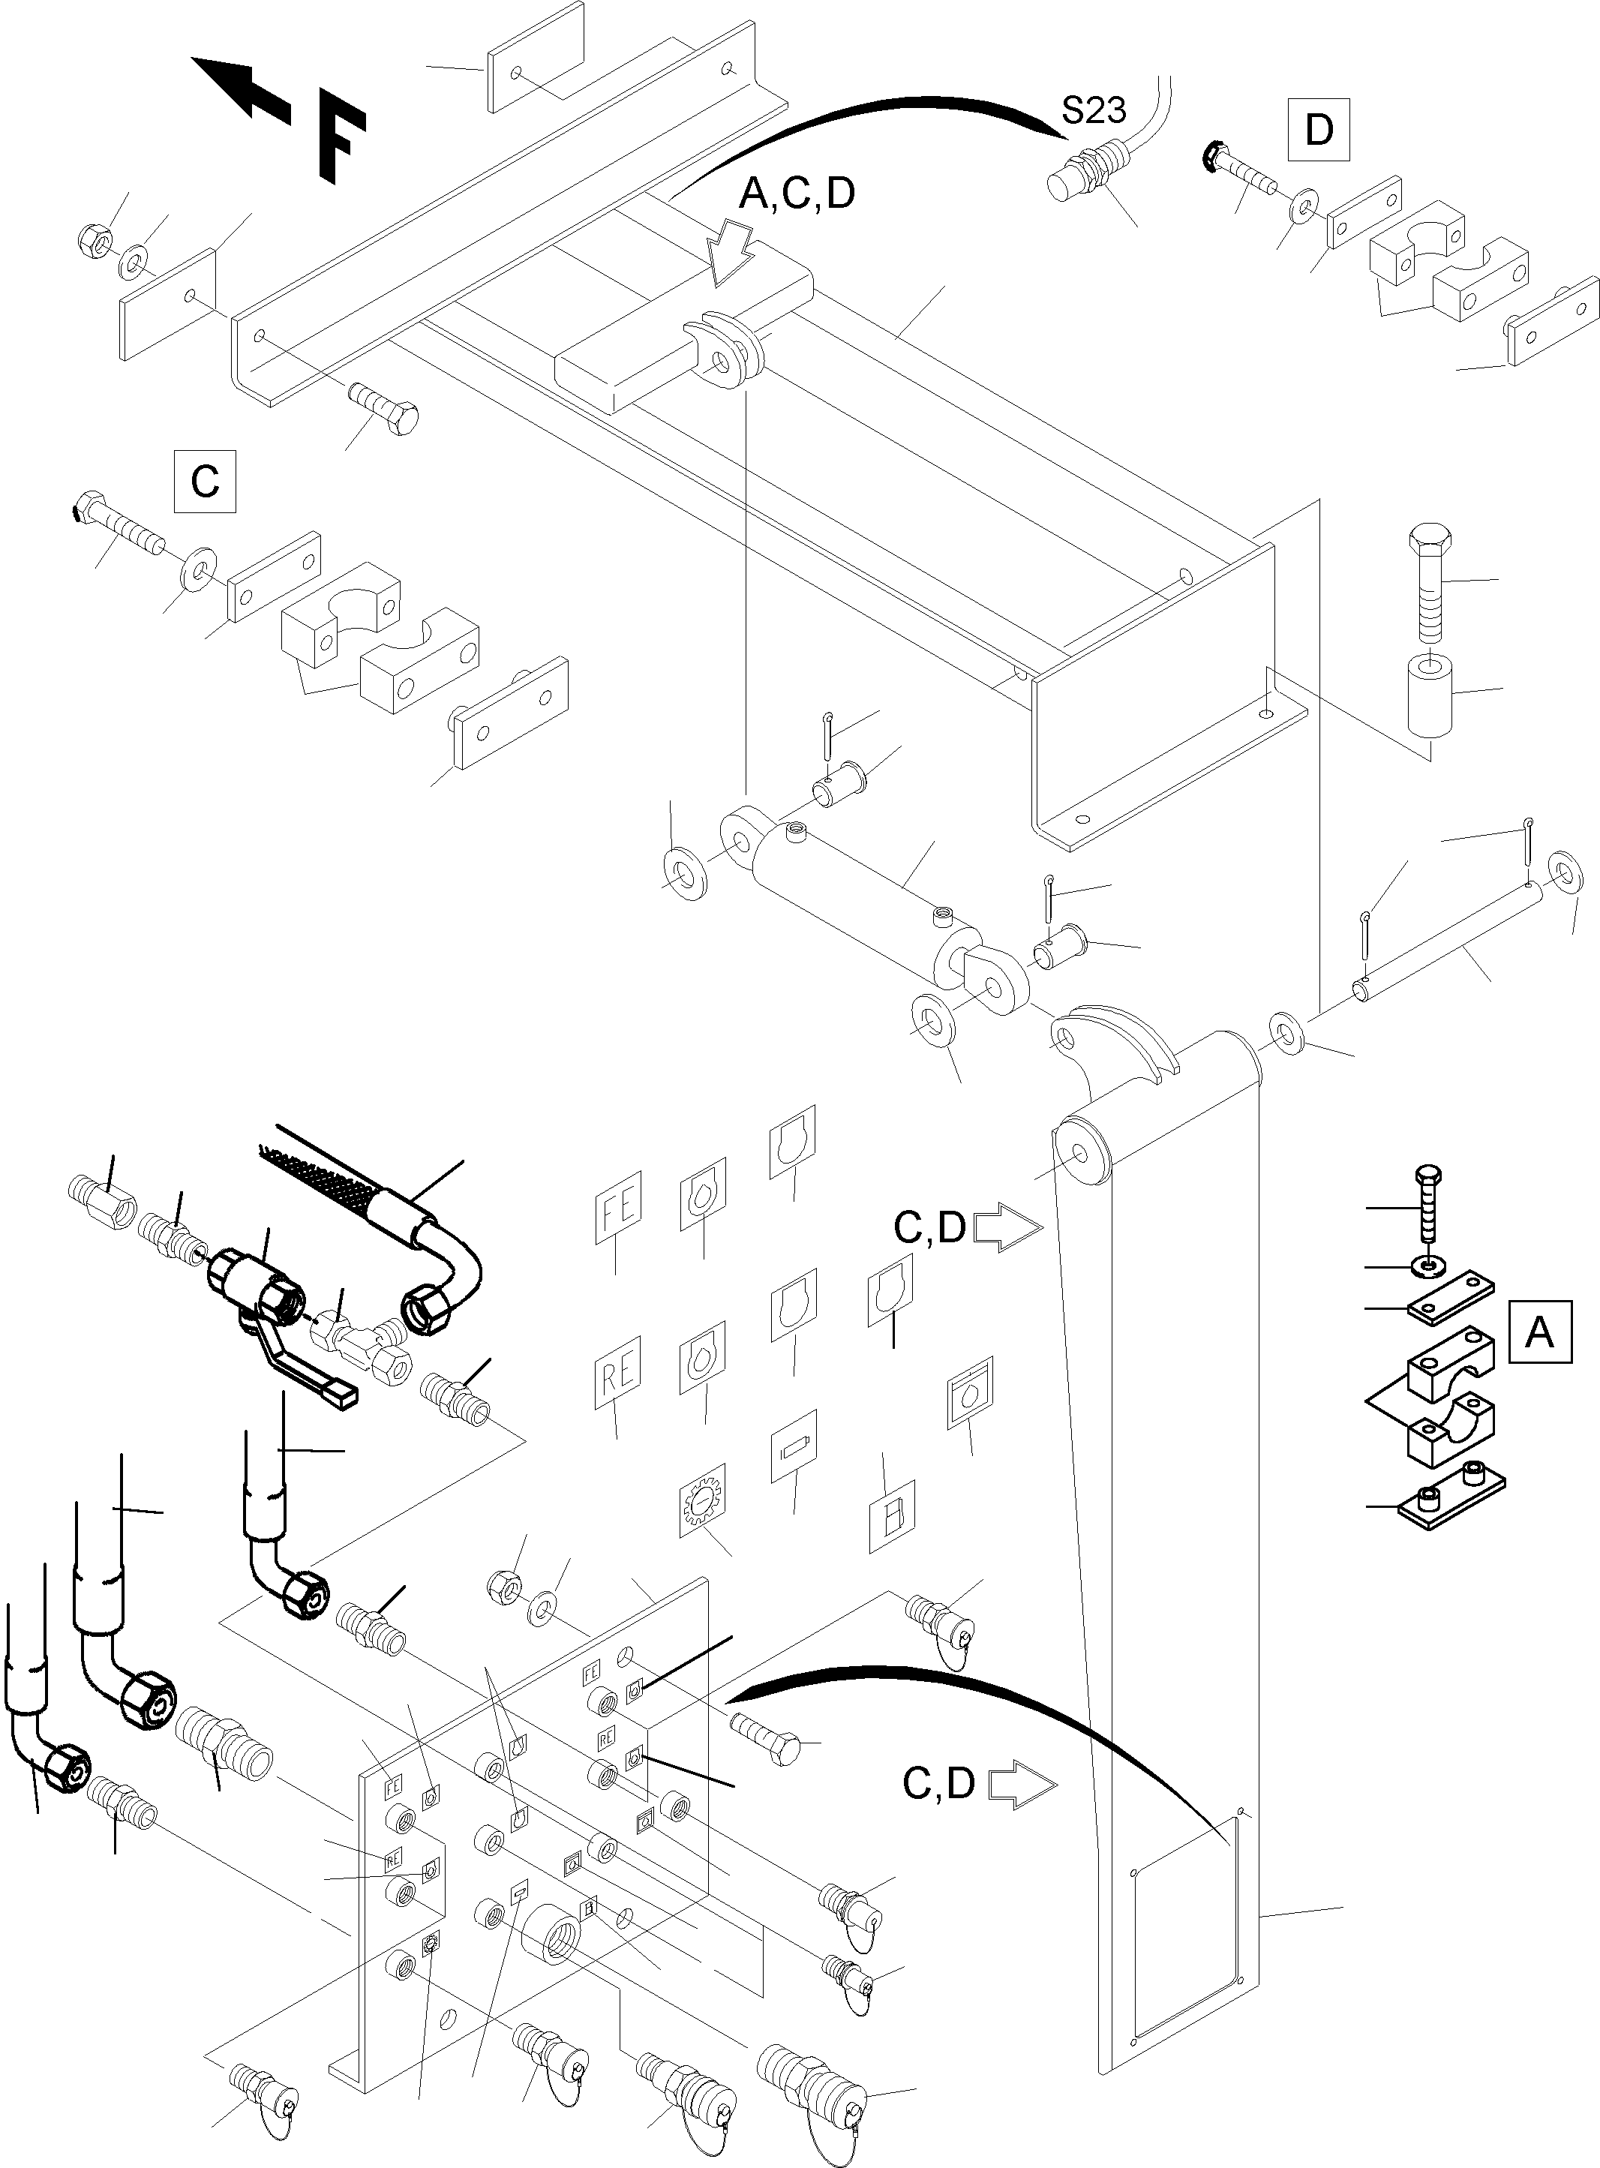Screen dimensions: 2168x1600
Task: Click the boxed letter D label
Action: tap(1318, 129)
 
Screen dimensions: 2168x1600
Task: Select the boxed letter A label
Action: tap(1539, 1333)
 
